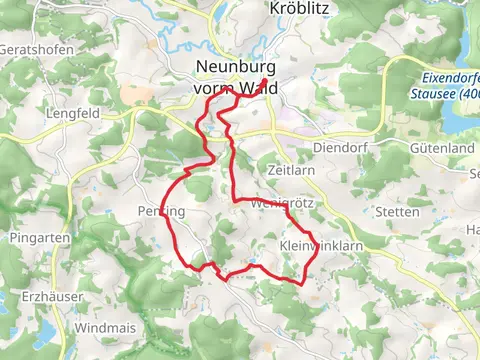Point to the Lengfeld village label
click(x=71, y=114)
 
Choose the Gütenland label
click(x=441, y=147)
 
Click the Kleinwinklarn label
click(x=312, y=244)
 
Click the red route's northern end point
click(x=265, y=83)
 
